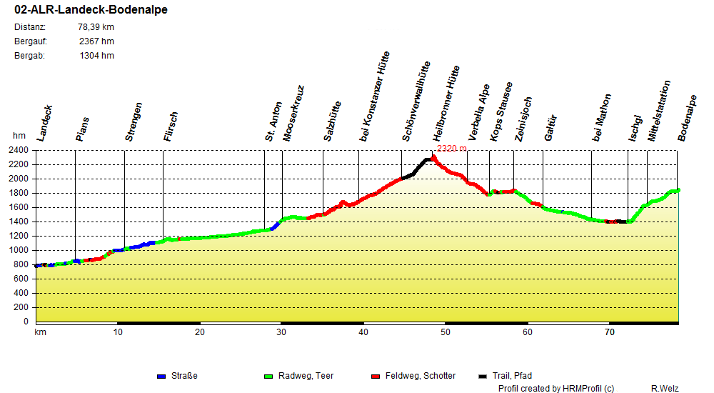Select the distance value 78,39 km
pos(96,27)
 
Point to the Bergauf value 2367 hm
pos(96,41)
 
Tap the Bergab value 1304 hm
pos(96,56)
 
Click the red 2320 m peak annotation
pos(451,149)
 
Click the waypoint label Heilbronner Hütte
pos(447,104)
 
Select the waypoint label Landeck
pos(44,124)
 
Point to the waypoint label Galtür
pos(550,126)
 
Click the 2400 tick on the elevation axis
pos(19,150)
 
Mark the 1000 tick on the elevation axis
pos(19,250)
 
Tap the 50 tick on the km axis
pos(446,332)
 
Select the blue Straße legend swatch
pos(161,376)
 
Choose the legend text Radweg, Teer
pos(305,376)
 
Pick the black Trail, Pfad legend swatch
pos(483,376)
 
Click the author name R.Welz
pos(664,389)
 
